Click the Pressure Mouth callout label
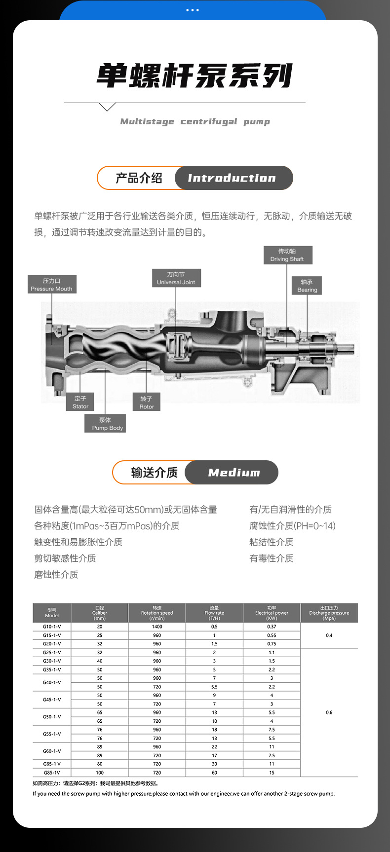[52, 285]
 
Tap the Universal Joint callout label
[176, 278]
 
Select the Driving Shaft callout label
[287, 255]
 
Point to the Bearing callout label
[307, 286]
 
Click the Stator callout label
[80, 403]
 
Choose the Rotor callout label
[147, 403]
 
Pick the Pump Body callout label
[105, 424]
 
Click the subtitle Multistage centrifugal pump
[195, 121]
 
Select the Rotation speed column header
[157, 613]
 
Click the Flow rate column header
[214, 613]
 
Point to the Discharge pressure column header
[329, 613]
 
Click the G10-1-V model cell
[52, 627]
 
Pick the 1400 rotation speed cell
[157, 627]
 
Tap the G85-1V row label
[52, 773]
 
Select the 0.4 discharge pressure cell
[329, 635]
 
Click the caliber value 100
[100, 773]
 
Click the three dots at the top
[193, 10]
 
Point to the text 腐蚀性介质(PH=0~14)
[292, 526]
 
